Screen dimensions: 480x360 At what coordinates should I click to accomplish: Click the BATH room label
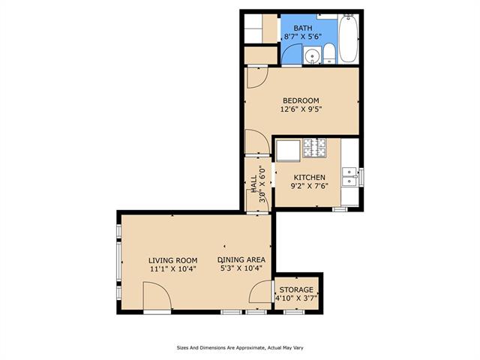point(303,28)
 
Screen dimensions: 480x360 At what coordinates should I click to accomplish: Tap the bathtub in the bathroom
point(348,38)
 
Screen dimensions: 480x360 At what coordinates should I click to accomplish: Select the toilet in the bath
point(329,53)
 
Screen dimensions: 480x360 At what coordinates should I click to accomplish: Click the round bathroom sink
point(312,55)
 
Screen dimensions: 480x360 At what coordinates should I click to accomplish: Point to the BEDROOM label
point(301,100)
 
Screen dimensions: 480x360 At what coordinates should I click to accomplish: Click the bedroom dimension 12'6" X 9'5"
point(301,109)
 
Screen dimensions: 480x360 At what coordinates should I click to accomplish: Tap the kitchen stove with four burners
point(314,148)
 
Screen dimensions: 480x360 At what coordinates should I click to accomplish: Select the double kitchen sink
point(349,177)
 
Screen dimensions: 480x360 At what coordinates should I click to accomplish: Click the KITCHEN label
point(310,178)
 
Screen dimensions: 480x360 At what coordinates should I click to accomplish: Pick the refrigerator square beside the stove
point(288,151)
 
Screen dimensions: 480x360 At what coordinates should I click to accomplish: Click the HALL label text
point(254,184)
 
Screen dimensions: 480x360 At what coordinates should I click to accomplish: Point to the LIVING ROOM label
point(173,260)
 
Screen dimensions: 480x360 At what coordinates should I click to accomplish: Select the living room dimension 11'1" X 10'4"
point(173,269)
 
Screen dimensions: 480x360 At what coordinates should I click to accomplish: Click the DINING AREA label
point(241,260)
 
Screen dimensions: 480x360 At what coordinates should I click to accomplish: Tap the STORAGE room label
point(296,289)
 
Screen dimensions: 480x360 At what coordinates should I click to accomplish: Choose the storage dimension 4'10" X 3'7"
point(296,298)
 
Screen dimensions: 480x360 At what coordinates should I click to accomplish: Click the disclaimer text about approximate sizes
point(240,348)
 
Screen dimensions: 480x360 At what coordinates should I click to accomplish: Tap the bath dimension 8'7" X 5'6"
point(303,37)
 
